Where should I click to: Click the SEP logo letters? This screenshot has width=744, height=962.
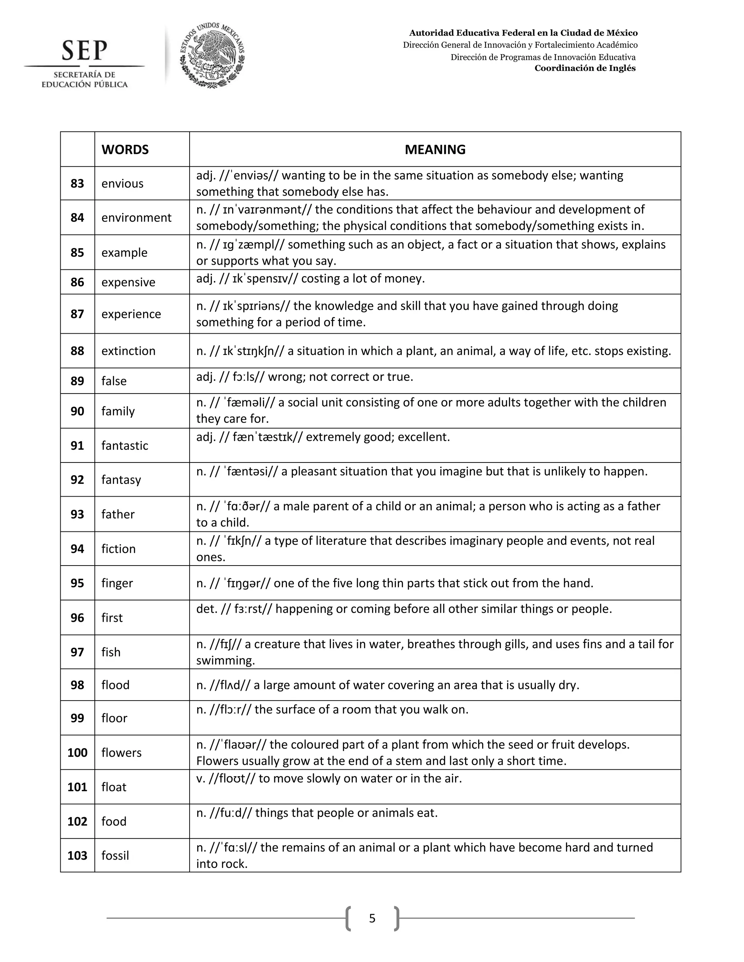tap(84, 51)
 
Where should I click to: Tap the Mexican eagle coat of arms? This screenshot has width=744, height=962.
tap(212, 56)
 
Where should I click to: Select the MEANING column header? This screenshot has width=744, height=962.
tap(434, 150)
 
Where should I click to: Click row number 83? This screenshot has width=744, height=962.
tap(77, 184)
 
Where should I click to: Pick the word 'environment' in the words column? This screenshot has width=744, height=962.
tap(136, 217)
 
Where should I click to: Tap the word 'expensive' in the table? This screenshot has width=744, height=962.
tap(128, 282)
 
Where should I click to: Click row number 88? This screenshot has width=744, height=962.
tap(77, 351)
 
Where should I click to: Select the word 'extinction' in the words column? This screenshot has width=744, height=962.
tap(128, 351)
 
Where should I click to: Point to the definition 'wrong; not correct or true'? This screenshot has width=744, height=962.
tap(340, 377)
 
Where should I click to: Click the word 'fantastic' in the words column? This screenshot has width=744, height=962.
tap(125, 446)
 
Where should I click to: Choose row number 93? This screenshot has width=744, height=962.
tap(77, 514)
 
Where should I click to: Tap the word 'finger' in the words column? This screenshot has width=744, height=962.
tap(117, 583)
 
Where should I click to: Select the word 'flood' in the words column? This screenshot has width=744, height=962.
tap(116, 685)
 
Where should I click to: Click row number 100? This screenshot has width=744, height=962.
tap(77, 753)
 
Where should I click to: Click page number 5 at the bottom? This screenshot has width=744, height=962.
tap(372, 918)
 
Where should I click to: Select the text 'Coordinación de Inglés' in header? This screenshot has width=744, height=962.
tap(585, 68)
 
